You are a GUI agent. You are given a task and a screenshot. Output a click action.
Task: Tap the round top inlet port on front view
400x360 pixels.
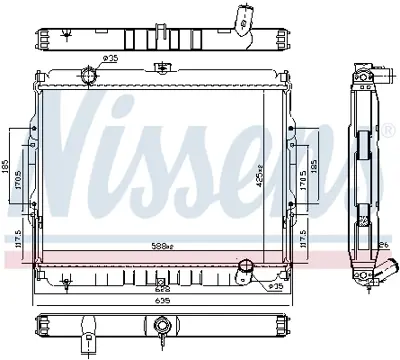click(x=92, y=76)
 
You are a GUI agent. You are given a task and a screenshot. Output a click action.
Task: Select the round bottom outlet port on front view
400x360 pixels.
click(x=244, y=270)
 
